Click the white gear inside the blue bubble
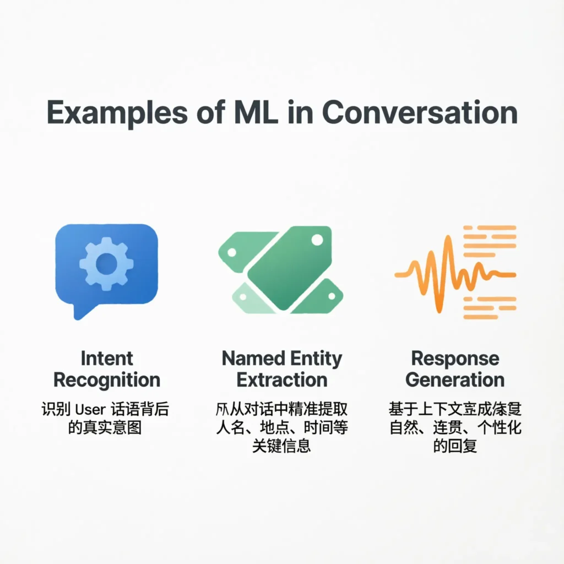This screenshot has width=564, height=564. [x=106, y=264]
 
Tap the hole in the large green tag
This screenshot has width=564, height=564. [x=317, y=240]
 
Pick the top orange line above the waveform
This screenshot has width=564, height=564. [x=489, y=227]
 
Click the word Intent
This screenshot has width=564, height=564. [x=107, y=359]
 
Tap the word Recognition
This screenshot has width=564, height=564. [x=107, y=380]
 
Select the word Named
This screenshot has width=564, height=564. [x=250, y=359]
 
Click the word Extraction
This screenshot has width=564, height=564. [x=282, y=380]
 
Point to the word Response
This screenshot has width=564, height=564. [x=455, y=359]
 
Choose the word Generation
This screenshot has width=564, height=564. [x=455, y=380]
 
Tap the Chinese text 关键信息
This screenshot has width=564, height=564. [x=281, y=445]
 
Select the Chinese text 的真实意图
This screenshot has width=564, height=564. [x=105, y=427]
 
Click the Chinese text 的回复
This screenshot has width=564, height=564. [x=455, y=445]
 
